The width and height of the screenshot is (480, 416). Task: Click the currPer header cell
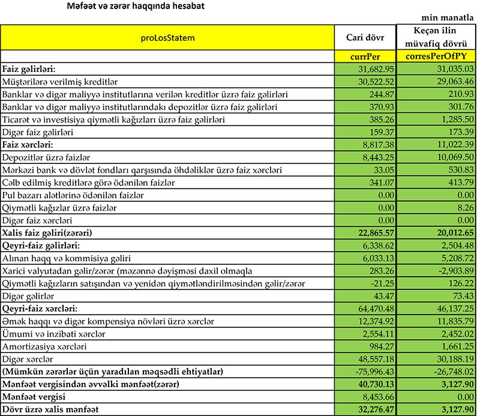click(366, 56)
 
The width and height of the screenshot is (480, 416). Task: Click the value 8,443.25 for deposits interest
click(376, 157)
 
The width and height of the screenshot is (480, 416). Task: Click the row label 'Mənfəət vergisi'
click(37, 397)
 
